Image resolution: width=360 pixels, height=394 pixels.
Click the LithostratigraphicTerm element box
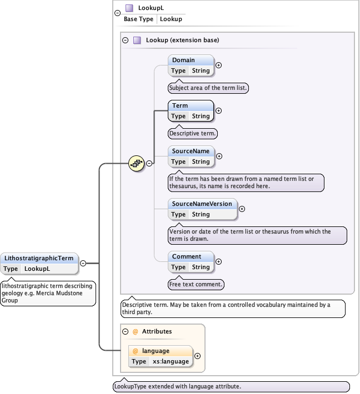point(39,263)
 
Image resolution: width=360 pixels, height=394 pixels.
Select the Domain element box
point(191,65)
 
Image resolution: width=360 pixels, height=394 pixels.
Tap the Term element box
point(191,110)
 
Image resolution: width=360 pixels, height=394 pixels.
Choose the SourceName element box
point(191,156)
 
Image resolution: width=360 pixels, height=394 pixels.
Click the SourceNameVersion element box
point(202,209)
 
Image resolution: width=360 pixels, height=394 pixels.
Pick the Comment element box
point(191,261)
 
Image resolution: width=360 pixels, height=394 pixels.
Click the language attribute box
point(161,356)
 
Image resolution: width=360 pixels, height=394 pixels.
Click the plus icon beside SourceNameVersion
point(241,209)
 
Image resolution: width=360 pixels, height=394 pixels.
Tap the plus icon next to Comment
point(218,261)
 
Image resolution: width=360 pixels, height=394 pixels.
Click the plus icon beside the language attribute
point(197,356)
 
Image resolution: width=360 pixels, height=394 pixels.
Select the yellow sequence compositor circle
point(136,163)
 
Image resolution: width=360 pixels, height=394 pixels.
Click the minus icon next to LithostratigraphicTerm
point(83,264)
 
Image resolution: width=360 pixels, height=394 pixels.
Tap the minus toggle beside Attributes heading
point(125,331)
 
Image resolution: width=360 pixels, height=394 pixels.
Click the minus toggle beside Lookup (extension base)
point(126,41)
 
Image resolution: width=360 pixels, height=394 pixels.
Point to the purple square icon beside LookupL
point(129,8)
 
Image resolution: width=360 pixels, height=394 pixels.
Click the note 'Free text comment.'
point(196,285)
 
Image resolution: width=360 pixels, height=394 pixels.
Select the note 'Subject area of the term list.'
point(208,88)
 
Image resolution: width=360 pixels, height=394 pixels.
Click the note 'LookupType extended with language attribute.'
point(231,386)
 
